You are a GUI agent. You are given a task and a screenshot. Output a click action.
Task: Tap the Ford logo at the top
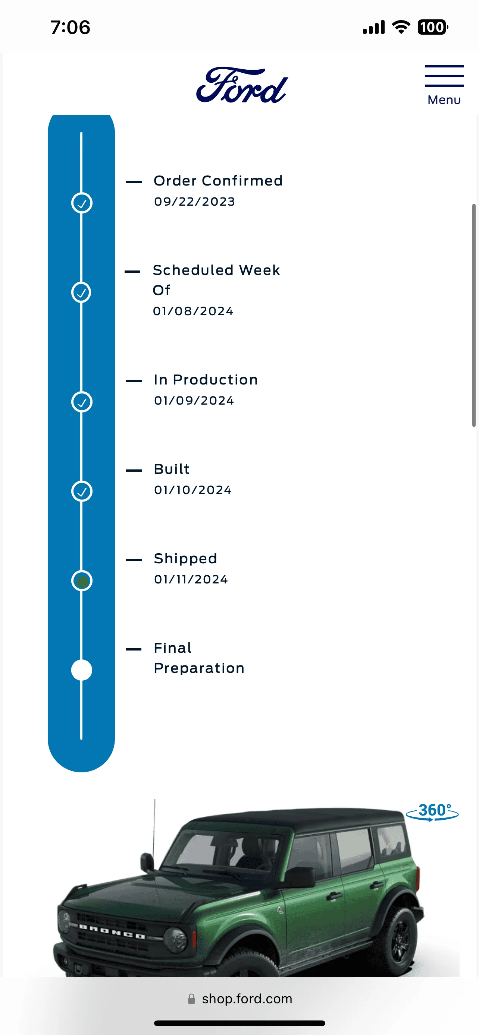pos(242,85)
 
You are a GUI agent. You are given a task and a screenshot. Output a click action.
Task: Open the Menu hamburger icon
pos(444,76)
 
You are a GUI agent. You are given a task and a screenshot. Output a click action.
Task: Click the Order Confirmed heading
pos(218,181)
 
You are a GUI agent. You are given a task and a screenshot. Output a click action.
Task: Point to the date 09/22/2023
pos(194,201)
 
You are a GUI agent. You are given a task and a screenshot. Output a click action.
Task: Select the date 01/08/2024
pos(193,311)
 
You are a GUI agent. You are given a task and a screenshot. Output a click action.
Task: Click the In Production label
pos(206,380)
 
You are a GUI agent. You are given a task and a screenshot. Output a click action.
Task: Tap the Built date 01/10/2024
pos(192,490)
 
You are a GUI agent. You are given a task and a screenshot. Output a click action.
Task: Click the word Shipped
pos(185,559)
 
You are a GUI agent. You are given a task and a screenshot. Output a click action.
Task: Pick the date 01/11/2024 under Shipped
pos(191,579)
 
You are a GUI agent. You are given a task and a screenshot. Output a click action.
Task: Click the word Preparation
pos(199,668)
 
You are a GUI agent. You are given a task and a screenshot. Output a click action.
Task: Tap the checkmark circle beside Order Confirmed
pos(82,203)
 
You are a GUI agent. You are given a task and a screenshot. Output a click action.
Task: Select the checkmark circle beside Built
pos(82,491)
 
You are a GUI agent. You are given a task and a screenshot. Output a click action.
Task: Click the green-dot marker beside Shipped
pos(82,581)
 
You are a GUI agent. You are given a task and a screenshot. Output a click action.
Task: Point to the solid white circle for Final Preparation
pos(82,670)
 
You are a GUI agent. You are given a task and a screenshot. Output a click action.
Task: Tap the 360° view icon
pos(433,812)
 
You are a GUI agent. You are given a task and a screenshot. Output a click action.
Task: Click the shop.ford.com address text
pos(247,998)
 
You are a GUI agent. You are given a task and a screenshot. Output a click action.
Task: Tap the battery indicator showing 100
pos(433,27)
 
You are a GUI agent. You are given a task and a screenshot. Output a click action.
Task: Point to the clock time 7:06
pos(71,27)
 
